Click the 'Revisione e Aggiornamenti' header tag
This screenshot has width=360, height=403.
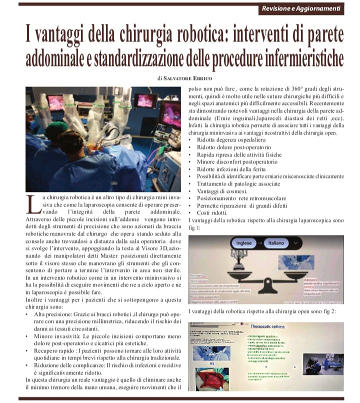301,8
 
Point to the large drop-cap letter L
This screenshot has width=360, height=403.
32,203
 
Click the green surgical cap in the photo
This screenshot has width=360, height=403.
55,131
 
